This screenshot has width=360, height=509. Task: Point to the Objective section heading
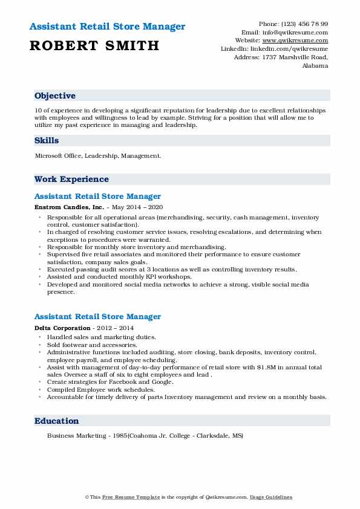point(55,96)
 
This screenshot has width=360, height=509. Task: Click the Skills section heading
point(47,140)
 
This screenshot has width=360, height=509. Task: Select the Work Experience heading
point(71,179)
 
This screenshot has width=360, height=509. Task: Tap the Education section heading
point(56,421)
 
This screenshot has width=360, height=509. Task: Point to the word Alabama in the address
point(315,65)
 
